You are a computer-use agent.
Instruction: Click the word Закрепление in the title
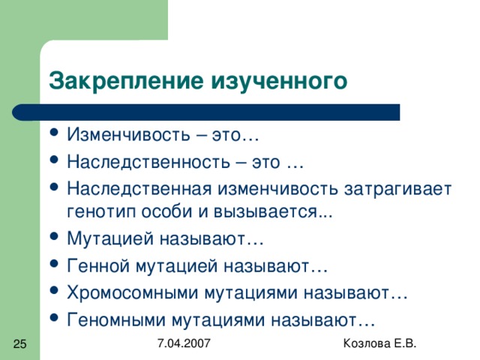point(126,81)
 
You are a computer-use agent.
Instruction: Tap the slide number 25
point(20,343)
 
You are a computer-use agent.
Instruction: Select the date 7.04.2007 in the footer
point(184,343)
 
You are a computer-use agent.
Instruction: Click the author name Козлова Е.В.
point(379,343)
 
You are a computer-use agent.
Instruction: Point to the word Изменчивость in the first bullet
point(128,134)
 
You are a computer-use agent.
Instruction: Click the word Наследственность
point(148,161)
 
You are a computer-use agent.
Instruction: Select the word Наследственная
point(139,188)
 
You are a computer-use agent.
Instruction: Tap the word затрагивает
point(397,189)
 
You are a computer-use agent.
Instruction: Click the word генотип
point(101,211)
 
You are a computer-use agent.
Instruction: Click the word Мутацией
point(110,238)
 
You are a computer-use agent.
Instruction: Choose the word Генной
point(98,265)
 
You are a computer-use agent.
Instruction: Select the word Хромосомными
point(133,292)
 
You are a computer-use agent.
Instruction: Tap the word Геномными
point(116,320)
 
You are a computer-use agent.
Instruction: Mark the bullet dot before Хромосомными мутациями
point(54,290)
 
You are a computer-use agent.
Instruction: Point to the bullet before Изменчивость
point(54,133)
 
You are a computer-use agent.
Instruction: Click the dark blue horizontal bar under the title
point(206,112)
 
